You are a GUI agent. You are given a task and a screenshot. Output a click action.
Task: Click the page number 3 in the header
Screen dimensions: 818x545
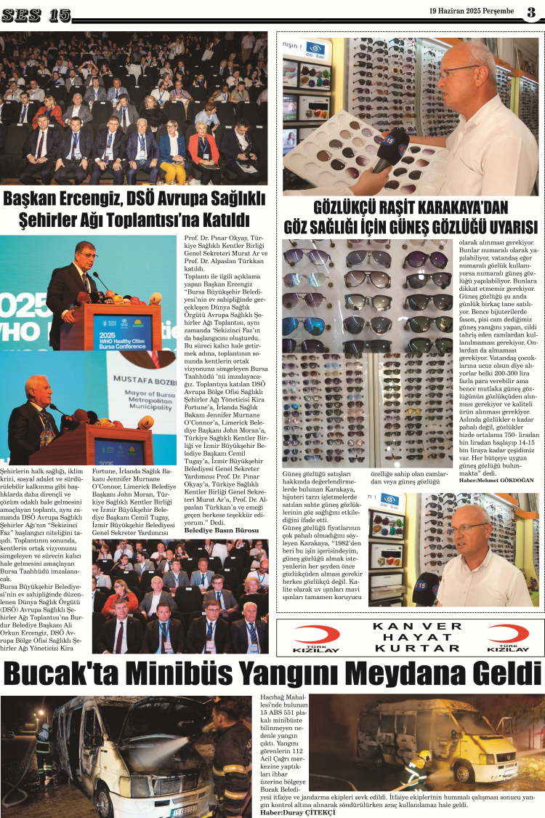[531, 12]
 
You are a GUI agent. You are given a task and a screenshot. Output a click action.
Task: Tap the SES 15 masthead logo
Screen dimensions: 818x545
[40, 15]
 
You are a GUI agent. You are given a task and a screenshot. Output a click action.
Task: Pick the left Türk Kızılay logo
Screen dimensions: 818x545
[317, 637]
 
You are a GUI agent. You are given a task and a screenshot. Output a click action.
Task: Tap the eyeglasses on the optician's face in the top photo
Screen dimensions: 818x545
[458, 71]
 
